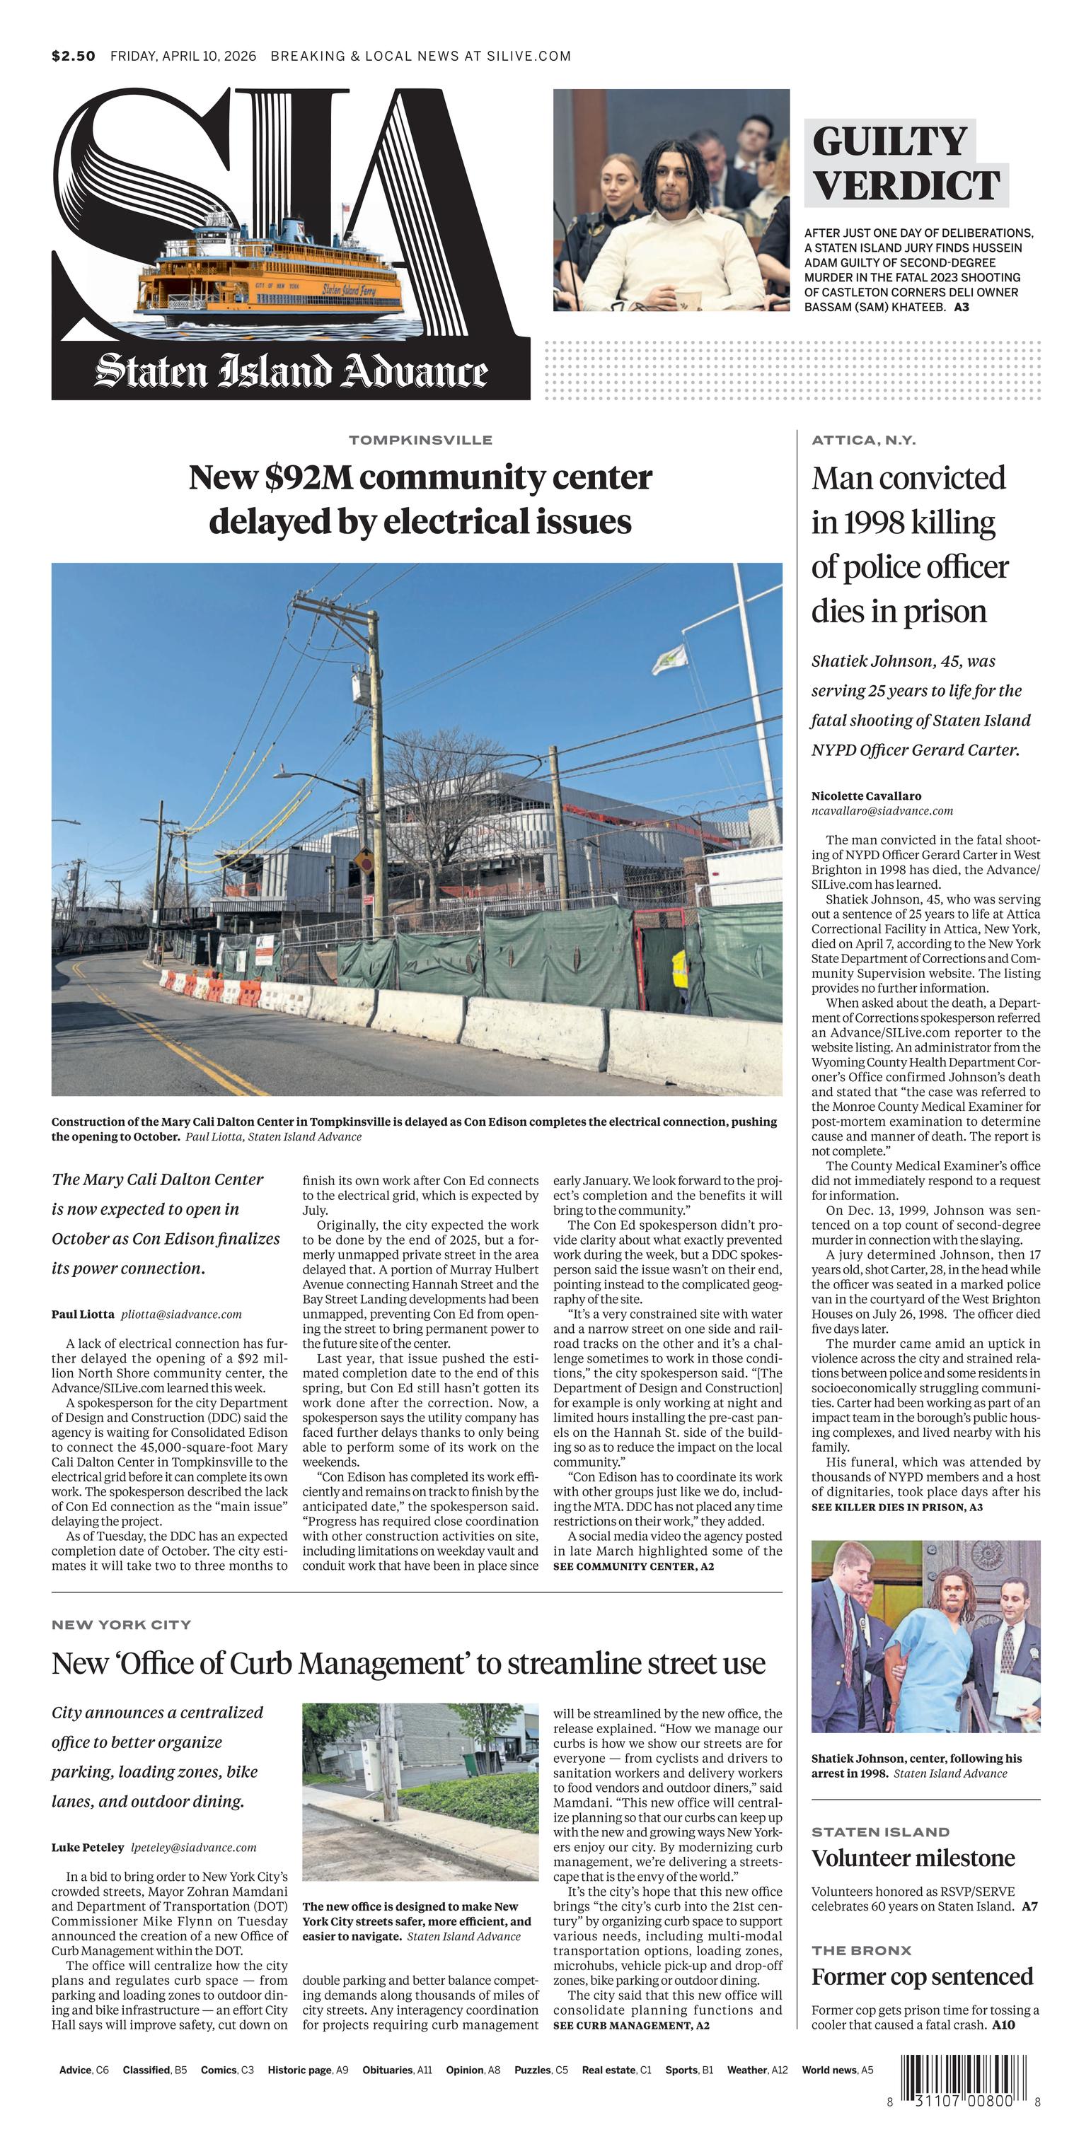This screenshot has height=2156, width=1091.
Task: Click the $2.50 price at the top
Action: click(x=73, y=56)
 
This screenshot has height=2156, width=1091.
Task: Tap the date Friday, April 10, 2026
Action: click(x=184, y=56)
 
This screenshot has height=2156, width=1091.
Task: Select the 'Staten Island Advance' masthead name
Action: click(x=291, y=371)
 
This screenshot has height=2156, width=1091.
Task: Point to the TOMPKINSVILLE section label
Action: click(x=420, y=439)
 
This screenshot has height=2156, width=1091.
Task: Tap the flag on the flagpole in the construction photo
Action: click(x=671, y=660)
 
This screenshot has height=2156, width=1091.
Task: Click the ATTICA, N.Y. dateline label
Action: click(x=863, y=439)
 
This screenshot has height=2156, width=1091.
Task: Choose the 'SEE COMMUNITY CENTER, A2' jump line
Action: click(x=633, y=1566)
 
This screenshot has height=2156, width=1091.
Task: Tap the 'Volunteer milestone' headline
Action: click(x=913, y=1858)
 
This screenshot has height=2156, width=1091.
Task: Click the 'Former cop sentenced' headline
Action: click(x=922, y=1977)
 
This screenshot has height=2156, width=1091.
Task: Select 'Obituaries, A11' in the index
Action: click(x=397, y=2070)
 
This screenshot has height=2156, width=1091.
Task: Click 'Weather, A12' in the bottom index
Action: click(x=757, y=2070)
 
